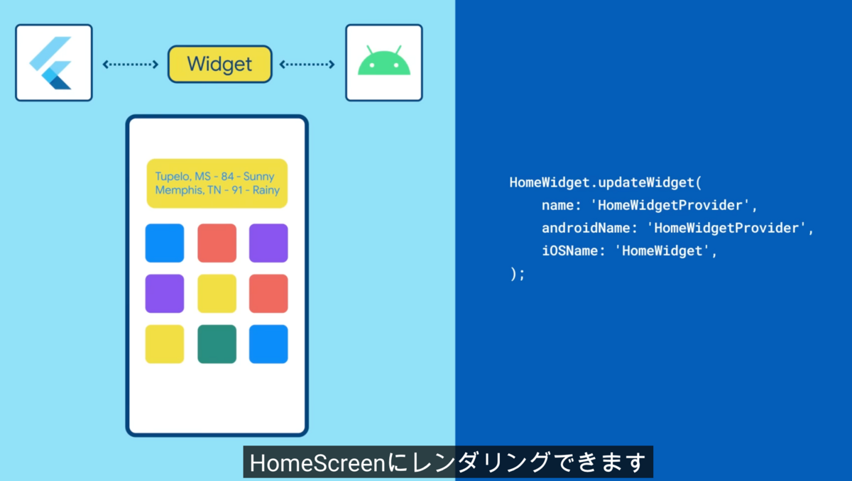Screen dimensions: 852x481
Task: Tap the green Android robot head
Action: point(384,61)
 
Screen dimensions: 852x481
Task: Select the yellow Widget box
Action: point(220,64)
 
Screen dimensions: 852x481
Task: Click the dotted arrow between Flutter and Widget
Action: point(131,65)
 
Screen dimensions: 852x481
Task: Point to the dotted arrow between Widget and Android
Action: point(307,65)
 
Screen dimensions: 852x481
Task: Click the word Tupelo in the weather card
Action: point(173,176)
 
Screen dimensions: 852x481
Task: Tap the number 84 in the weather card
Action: point(227,176)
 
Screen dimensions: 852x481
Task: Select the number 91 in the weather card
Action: point(237,190)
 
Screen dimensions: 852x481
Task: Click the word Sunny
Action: point(258,177)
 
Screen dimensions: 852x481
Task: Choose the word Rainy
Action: point(266,190)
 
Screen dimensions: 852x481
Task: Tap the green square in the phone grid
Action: point(217,344)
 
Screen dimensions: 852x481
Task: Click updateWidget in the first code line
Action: point(647,183)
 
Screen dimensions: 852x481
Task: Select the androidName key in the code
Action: point(585,228)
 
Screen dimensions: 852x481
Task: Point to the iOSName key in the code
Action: point(569,250)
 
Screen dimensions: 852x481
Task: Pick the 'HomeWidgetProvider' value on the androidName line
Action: point(726,228)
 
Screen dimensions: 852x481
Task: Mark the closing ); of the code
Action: point(518,274)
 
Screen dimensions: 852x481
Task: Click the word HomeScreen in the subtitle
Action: point(317,463)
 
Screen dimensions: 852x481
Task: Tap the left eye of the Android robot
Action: point(372,65)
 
